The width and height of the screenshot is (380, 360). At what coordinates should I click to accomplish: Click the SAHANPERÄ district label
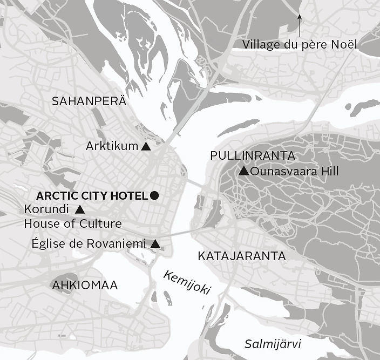point(89,101)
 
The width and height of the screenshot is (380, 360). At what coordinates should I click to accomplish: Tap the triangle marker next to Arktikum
point(145,146)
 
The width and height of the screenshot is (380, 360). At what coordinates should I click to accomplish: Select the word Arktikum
point(112,146)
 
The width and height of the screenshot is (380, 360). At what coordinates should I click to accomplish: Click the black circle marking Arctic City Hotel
point(154,195)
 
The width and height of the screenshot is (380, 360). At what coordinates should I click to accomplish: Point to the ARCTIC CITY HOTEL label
point(92,195)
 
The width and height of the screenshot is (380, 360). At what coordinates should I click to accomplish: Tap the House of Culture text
point(73,223)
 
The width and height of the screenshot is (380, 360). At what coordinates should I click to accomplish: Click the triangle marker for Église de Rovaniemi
point(155,244)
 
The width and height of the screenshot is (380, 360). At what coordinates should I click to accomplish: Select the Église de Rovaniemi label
point(89,244)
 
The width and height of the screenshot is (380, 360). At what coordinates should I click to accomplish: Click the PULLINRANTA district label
point(253,156)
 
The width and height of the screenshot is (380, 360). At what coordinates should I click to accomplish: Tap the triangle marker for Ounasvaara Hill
point(243,172)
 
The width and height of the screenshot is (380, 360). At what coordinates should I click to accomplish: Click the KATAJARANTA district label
point(241,256)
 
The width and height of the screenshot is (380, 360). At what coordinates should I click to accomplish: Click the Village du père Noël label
point(300,45)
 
